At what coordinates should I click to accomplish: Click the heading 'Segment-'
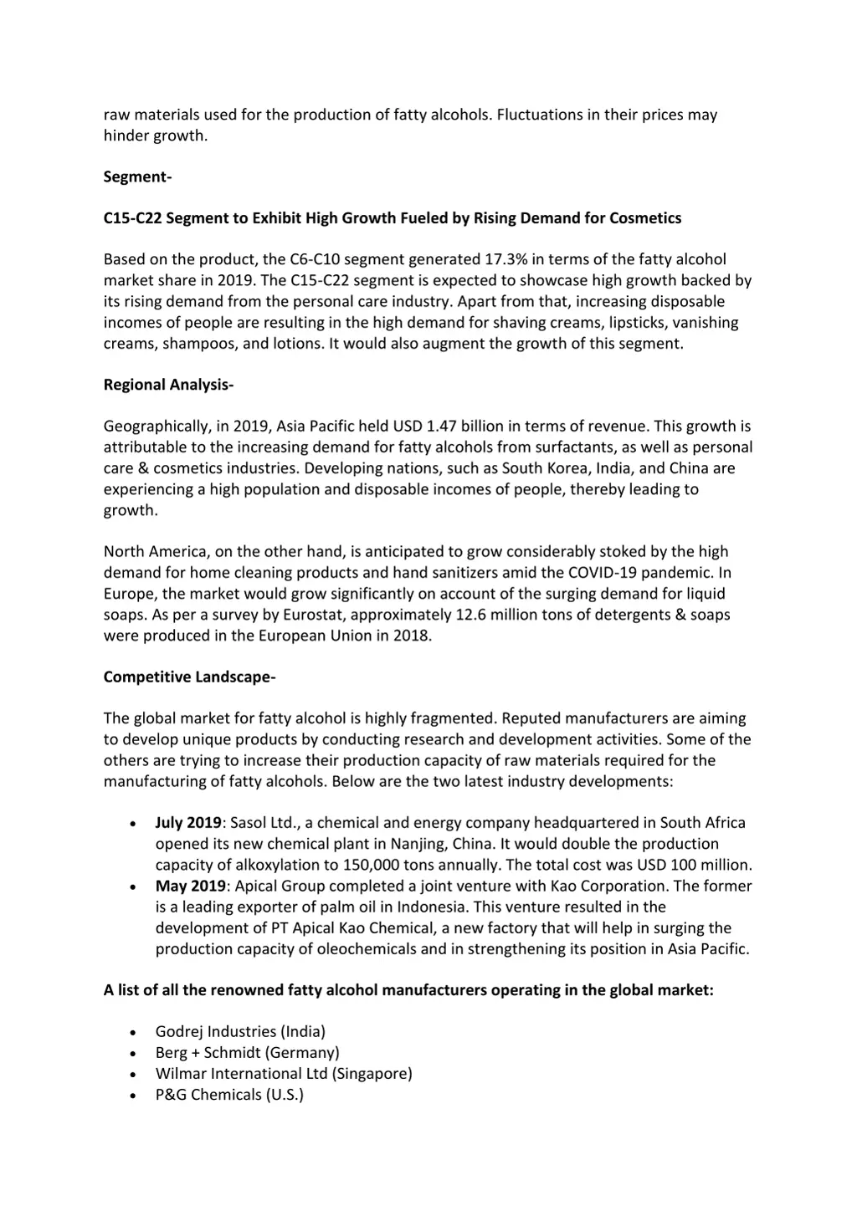[x=137, y=176]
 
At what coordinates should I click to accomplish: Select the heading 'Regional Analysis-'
[x=168, y=385]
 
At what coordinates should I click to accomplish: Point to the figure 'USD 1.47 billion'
[x=449, y=427]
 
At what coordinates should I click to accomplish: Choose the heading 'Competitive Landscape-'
[x=189, y=677]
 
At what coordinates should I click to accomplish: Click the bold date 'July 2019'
[x=188, y=823]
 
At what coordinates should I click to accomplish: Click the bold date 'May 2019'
[x=190, y=886]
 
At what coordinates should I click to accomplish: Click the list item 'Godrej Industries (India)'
[x=240, y=1031]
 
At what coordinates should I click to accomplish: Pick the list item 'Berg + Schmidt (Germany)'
[x=247, y=1052]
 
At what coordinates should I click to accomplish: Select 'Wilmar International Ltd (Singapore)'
[x=284, y=1073]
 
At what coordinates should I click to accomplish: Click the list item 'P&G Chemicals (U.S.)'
[x=229, y=1094]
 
